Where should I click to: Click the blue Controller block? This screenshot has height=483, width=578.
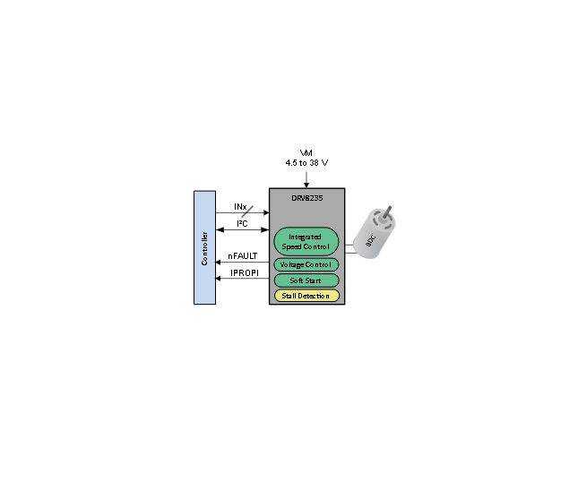204,247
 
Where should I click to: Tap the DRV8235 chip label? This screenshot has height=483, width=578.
307,198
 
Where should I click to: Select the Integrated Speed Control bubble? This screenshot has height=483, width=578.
306,242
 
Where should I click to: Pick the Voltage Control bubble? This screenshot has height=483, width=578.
306,264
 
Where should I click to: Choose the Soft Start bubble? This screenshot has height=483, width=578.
306,280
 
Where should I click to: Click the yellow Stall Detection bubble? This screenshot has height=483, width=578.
306,296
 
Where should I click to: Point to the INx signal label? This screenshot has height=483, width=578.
240,207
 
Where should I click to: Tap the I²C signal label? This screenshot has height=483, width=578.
242,223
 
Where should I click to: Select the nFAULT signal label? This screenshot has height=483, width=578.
243,256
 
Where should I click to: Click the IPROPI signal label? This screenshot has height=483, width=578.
245,272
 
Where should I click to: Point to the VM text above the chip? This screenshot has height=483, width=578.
306,152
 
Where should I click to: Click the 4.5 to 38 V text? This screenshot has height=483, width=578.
306,162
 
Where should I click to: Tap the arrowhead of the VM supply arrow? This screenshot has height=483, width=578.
306,185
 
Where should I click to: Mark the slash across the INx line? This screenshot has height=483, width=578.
247,211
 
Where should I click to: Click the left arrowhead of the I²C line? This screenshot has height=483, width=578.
220,229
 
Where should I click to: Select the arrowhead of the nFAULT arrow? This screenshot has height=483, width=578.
218,263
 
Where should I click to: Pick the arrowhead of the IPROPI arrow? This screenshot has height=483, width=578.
218,279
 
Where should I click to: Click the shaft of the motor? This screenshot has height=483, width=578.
387,212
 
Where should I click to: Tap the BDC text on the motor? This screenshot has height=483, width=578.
370,241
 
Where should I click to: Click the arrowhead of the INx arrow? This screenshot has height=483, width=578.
266,212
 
